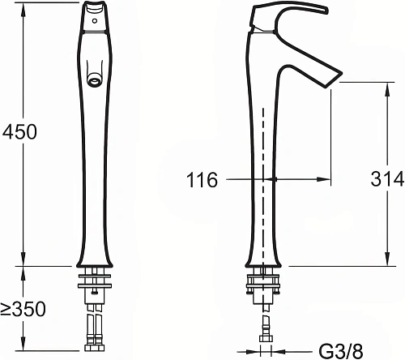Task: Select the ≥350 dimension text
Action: [23, 309]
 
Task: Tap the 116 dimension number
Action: [202, 180]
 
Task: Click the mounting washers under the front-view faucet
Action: [96, 284]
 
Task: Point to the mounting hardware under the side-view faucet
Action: [264, 285]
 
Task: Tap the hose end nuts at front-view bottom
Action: [96, 341]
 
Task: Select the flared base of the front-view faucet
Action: [96, 256]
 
